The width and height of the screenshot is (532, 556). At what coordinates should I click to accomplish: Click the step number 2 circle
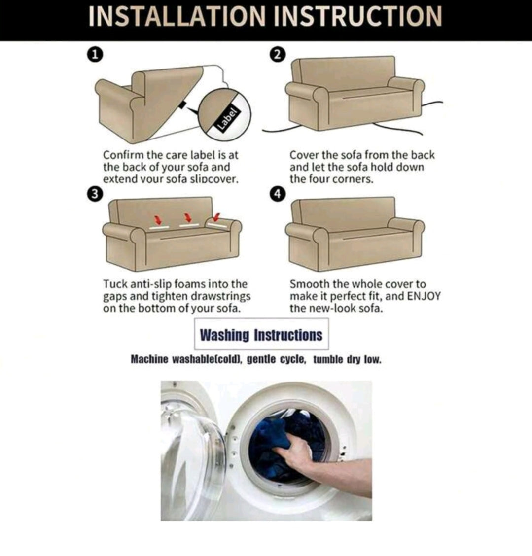278,55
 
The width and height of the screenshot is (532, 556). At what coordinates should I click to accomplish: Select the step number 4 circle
278,194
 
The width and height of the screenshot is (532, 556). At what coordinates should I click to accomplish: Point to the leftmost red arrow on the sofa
158,219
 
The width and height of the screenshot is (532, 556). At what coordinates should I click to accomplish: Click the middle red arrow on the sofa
188,217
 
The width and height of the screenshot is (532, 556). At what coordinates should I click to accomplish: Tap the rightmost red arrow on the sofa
216,217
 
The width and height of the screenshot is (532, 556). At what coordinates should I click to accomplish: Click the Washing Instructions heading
261,335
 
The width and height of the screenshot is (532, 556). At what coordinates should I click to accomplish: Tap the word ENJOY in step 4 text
423,296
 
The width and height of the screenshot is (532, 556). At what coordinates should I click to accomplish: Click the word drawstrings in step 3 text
220,296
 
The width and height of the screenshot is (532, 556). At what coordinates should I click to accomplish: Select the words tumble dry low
347,360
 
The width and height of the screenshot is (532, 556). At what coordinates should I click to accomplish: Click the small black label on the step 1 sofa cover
182,105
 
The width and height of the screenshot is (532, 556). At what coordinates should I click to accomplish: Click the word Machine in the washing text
149,359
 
